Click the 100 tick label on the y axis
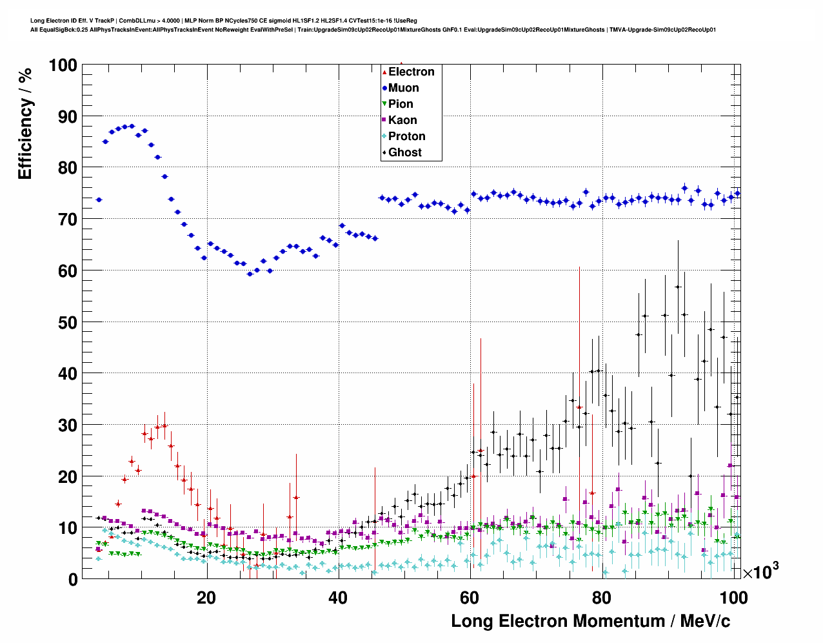[63, 65]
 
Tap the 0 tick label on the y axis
[72, 579]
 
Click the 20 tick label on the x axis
[206, 598]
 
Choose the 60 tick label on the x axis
[470, 598]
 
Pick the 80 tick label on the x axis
[602, 598]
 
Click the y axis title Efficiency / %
[25, 123]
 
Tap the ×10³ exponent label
[760, 571]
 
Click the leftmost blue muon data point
[99, 200]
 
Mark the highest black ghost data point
[678, 287]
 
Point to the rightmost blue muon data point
[737, 194]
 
